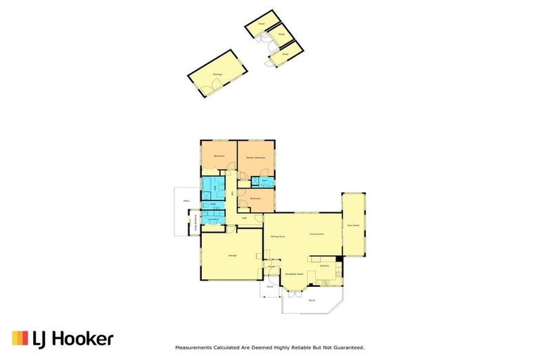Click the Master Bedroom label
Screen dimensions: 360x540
[255, 157]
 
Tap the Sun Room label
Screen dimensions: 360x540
[353, 226]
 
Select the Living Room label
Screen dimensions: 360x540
[316, 233]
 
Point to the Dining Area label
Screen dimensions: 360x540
[277, 236]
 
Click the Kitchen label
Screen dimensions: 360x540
[325, 266]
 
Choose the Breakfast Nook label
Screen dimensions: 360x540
[294, 274]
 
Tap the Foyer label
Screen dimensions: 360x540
[271, 267]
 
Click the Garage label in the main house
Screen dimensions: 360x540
[231, 255]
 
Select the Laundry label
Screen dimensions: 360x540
[212, 219]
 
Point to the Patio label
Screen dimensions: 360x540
[186, 201]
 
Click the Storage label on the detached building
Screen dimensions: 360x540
[217, 73]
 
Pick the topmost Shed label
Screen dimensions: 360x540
[261, 22]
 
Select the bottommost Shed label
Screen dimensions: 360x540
[285, 53]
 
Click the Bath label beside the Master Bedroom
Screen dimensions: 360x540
[264, 181]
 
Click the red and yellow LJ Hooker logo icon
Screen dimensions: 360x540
[20, 338]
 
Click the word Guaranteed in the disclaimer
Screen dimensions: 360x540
[349, 347]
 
